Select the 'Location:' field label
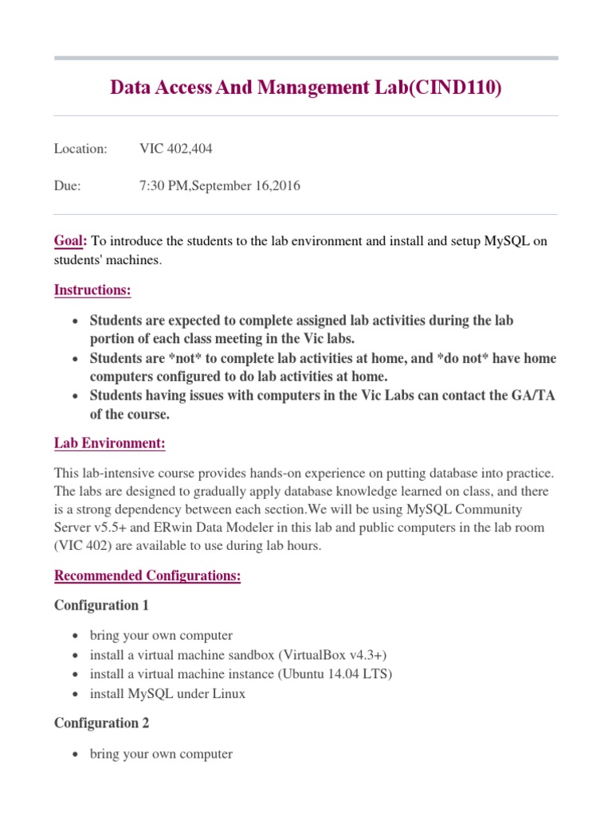point(80,149)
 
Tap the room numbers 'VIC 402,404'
point(176,149)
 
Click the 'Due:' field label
point(68,186)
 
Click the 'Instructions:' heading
point(92,290)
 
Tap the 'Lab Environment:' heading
point(110,443)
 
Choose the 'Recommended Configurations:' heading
point(147,575)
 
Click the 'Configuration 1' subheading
point(101,605)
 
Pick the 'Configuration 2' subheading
point(101,723)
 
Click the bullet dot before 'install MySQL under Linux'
point(75,694)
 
